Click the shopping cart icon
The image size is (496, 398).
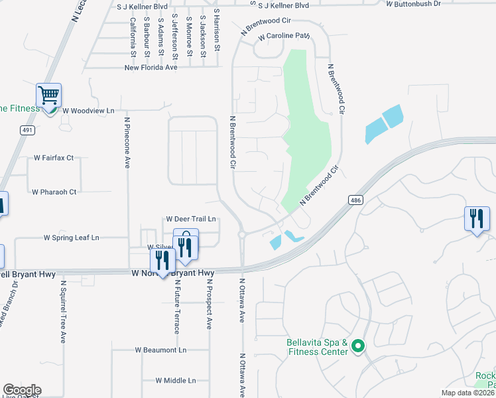pos(48,96)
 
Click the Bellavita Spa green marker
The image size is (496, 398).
pos(358,346)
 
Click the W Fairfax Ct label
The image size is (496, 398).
pos(54,158)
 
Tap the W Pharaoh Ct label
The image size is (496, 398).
pos(54,192)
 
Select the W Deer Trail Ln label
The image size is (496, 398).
pos(191,218)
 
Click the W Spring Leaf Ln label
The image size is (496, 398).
pos(71,237)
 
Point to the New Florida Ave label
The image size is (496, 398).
pos(151,68)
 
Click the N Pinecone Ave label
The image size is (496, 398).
pos(127,143)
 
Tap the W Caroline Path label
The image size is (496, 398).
pos(284,36)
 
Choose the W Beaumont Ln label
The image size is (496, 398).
pos(161,350)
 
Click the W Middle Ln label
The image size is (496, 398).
pos(176,381)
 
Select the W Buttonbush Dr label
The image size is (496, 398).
pos(413,4)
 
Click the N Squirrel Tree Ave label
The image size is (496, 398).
pos(64,310)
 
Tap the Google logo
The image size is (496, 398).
pos(22,390)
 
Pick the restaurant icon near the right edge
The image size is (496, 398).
pos(477,218)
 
